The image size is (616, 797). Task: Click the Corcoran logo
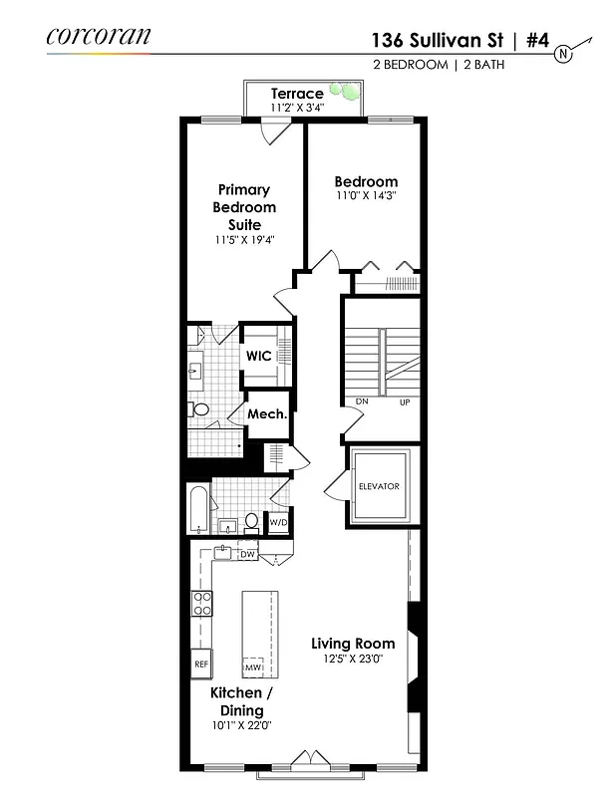tap(99, 37)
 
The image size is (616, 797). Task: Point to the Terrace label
tap(297, 94)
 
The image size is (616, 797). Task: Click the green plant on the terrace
tap(349, 92)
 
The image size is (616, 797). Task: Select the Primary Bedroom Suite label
tap(244, 207)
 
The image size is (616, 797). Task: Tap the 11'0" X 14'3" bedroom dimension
tap(366, 196)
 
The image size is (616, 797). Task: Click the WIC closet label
tap(259, 356)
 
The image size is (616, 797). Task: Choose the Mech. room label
tap(267, 414)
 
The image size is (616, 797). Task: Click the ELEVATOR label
tap(379, 486)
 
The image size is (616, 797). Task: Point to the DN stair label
tap(362, 401)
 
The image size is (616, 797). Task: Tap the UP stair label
tap(404, 401)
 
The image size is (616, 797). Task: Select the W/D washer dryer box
tap(279, 522)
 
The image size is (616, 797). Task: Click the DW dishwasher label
tap(248, 554)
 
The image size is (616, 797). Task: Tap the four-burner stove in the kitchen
tap(202, 603)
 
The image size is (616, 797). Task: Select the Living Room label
tap(353, 643)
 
